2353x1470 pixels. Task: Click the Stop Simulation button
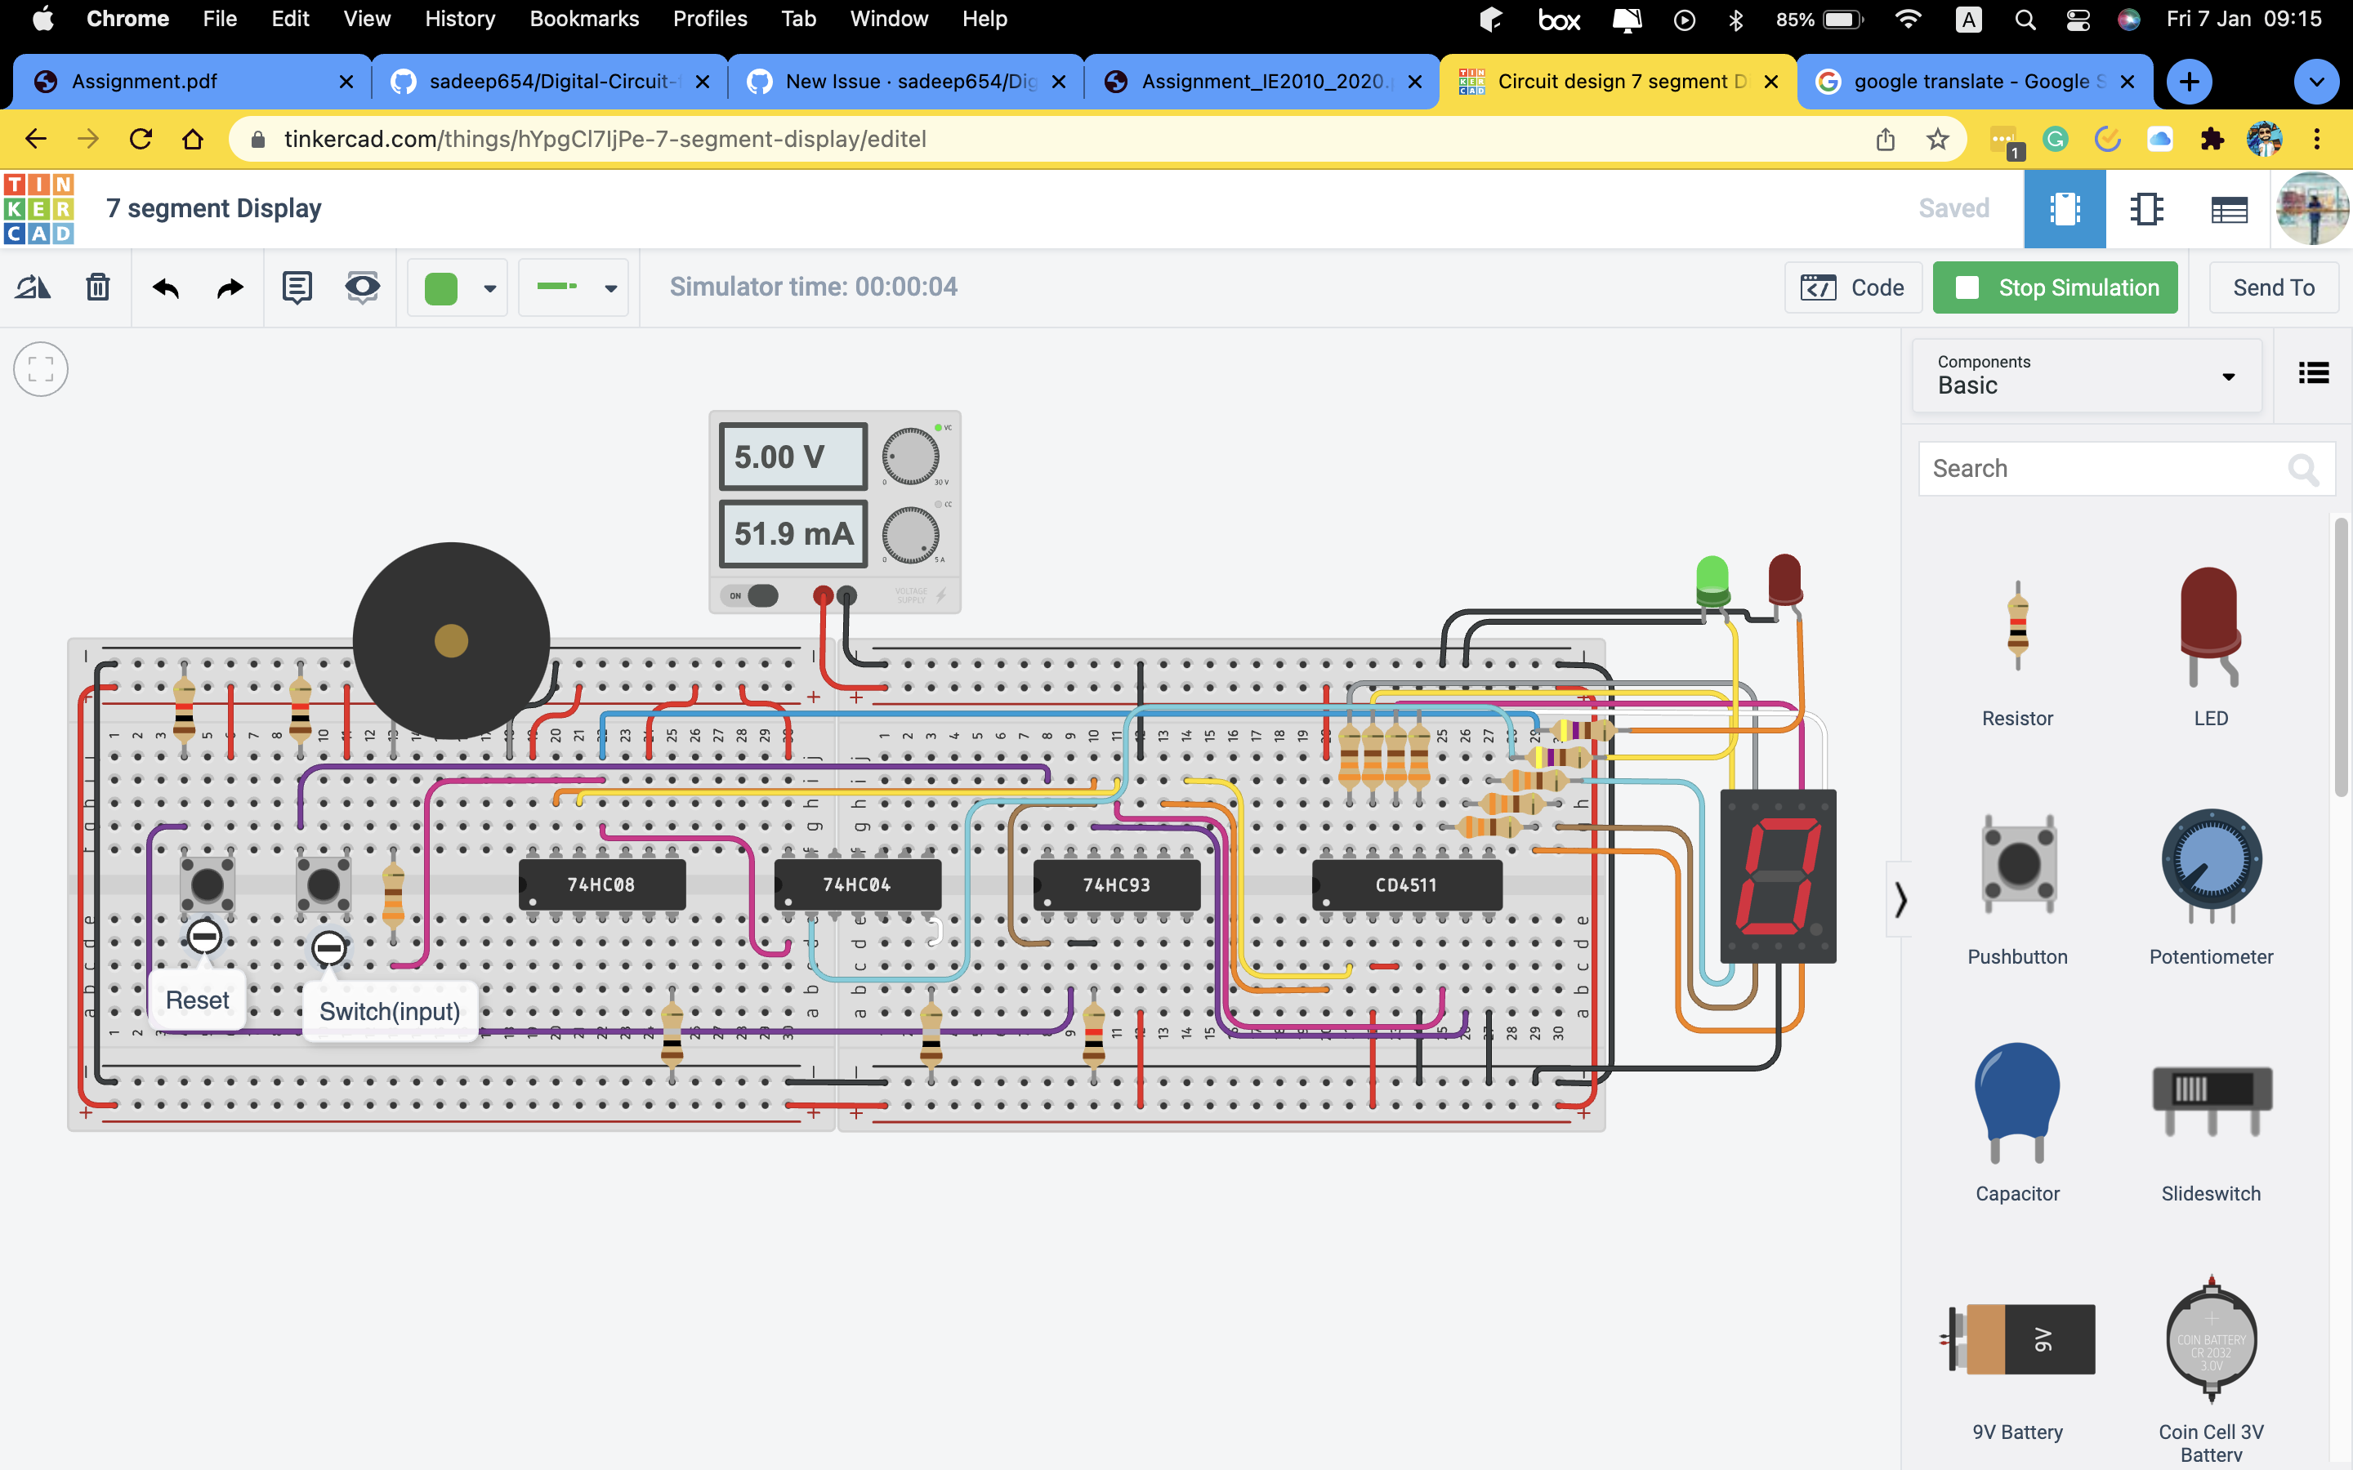2055,287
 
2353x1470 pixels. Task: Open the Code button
1852,287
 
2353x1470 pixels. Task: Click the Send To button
2272,287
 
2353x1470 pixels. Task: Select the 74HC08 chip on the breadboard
602,884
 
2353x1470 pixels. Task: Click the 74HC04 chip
856,884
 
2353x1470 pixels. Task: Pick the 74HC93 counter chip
1116,884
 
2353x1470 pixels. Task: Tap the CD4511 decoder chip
1406,884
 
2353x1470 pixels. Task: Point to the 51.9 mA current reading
793,534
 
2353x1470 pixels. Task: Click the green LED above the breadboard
1712,581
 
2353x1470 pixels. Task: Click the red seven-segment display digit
1779,875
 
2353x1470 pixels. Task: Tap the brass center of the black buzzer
451,641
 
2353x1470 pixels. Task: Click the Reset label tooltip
198,1000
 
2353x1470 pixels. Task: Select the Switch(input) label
390,1012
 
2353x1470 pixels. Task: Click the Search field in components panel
2101,469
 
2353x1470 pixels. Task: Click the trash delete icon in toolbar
97,287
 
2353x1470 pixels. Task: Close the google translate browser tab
2127,82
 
